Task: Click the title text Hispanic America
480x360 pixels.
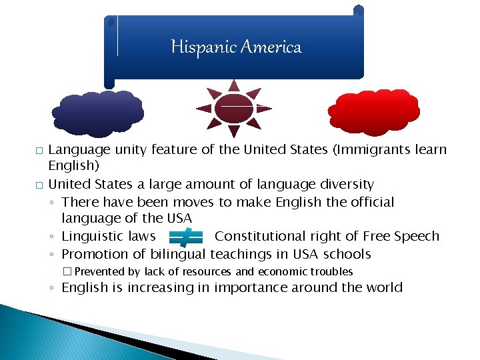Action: coord(236,47)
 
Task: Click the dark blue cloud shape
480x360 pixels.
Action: coord(98,113)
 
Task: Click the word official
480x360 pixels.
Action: coord(370,201)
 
